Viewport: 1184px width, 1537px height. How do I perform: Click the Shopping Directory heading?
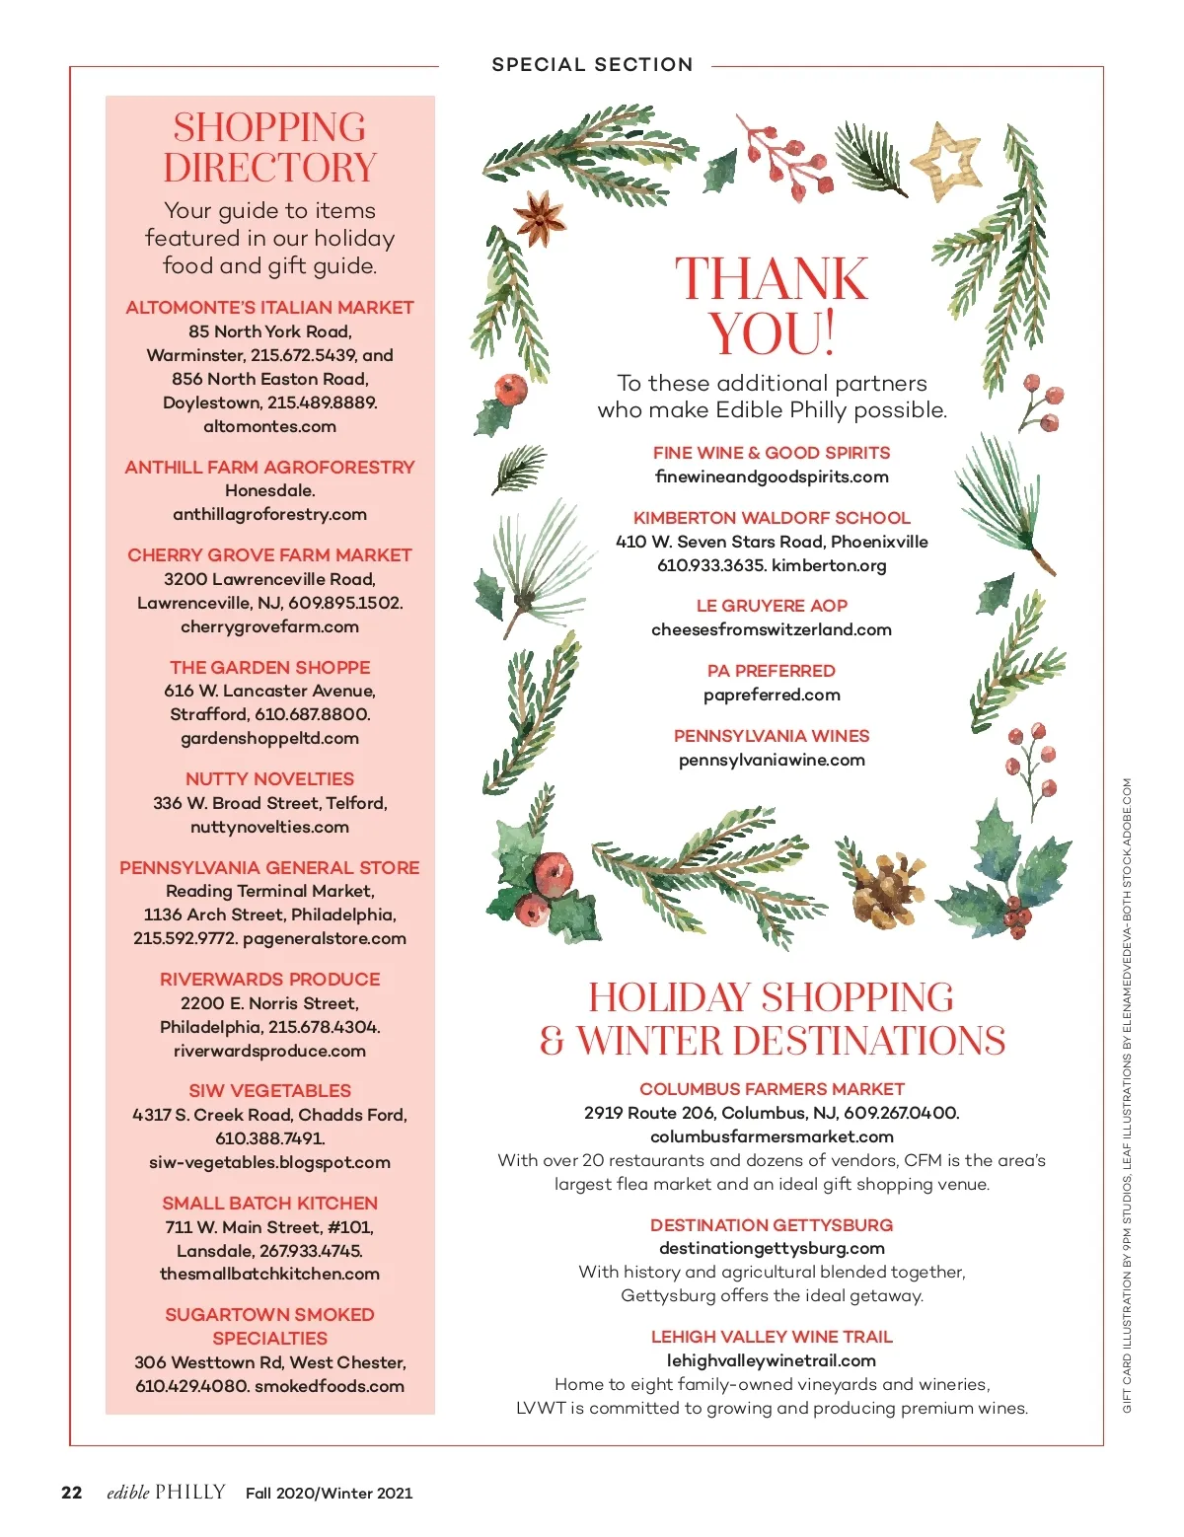269,147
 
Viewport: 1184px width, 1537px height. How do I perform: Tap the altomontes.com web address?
269,426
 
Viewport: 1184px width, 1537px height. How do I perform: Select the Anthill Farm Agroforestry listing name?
269,467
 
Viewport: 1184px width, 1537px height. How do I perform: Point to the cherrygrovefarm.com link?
269,626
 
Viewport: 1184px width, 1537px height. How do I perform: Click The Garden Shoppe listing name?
269,667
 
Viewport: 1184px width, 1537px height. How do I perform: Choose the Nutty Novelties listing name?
269,778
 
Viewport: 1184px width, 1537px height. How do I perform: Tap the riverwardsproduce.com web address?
269,1051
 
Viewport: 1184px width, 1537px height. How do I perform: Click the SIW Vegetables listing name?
269,1090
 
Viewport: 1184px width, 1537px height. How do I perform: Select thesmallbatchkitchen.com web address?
269,1274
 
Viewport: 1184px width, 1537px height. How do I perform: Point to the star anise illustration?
539,218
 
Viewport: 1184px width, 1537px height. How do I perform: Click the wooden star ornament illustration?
945,160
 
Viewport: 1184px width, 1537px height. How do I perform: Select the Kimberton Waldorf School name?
772,517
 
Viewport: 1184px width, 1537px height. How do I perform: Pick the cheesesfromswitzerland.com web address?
772,629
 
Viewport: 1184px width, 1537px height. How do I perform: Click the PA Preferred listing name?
772,671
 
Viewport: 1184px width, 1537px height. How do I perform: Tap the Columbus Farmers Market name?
772,1089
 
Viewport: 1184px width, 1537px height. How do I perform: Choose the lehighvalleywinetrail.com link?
772,1360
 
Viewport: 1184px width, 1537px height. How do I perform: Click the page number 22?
72,1493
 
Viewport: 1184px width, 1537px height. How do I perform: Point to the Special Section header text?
592,65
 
